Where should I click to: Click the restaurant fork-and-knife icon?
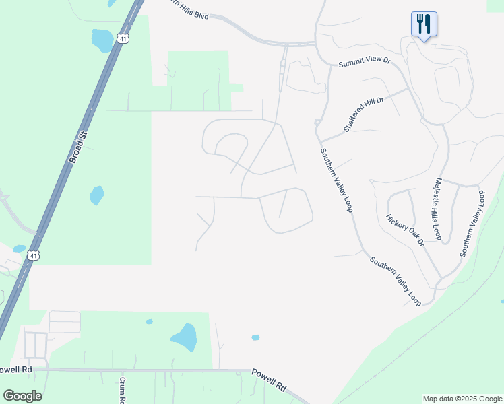(x=424, y=25)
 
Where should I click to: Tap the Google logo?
(x=22, y=396)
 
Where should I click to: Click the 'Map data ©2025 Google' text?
(x=462, y=399)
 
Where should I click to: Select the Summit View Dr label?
(x=365, y=61)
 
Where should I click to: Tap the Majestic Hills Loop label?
(x=438, y=209)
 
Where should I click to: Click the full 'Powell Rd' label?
(x=269, y=380)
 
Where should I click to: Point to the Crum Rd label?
(x=124, y=389)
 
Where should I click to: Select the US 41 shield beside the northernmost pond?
(x=122, y=39)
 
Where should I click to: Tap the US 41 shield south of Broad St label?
(x=34, y=255)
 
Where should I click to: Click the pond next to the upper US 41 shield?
(x=103, y=40)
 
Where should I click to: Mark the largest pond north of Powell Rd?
(x=184, y=337)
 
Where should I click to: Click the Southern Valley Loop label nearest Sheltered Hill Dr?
(x=336, y=180)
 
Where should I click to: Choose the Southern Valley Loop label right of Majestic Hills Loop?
(x=472, y=223)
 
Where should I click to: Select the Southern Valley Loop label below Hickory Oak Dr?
(x=395, y=280)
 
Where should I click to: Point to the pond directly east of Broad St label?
(x=97, y=195)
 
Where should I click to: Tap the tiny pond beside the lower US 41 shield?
(x=19, y=248)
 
